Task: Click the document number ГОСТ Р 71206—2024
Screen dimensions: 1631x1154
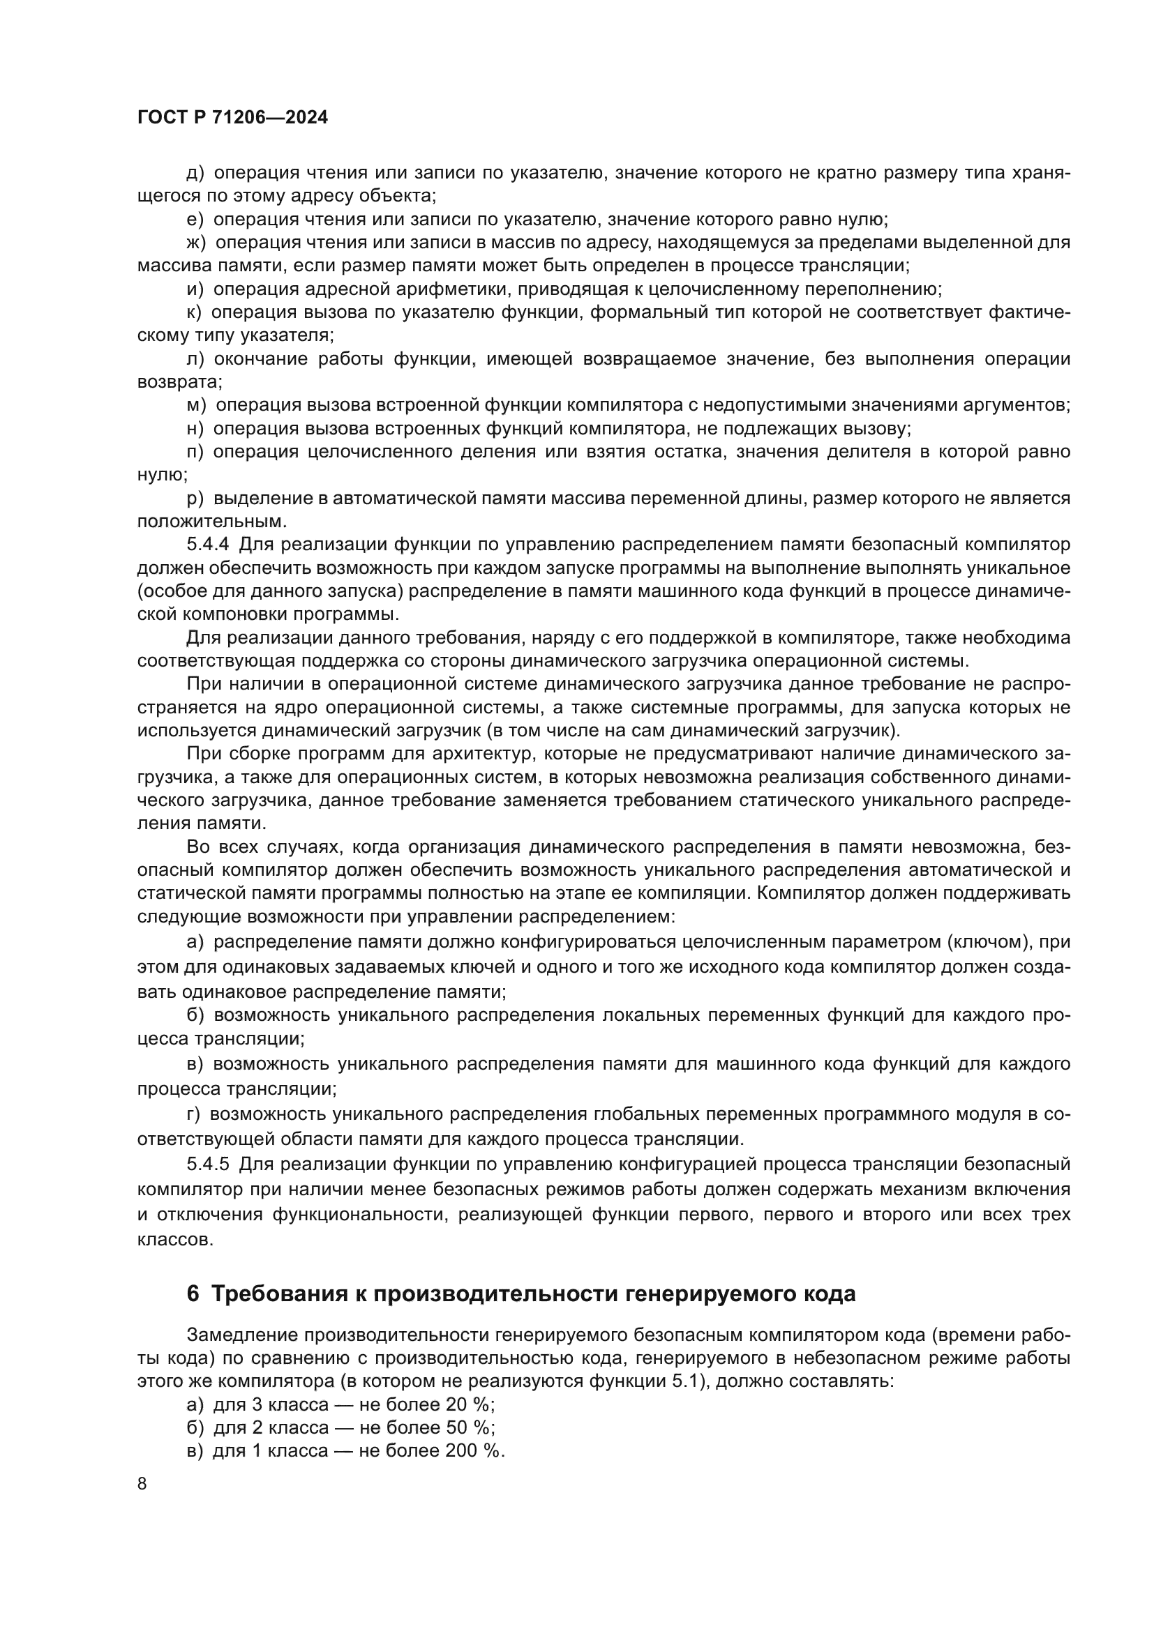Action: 232,118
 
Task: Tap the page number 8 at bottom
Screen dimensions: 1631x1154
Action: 142,1483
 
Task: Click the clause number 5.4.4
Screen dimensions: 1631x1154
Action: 207,545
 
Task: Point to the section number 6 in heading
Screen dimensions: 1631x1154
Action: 193,1294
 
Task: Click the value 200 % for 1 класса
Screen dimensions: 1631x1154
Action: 474,1450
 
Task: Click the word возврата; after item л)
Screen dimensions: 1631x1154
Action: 179,382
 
